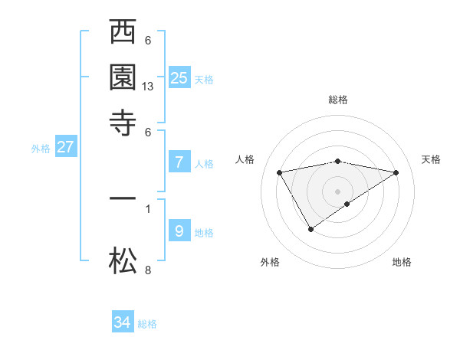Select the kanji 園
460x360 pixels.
coord(123,77)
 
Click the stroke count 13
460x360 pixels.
coord(148,87)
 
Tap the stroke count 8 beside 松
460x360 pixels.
coord(148,270)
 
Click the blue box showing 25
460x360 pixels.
coord(179,77)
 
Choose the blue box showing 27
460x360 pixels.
coord(65,147)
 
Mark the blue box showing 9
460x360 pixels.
coord(179,231)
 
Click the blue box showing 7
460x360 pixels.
coord(179,162)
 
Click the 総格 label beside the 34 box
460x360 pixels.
coord(147,324)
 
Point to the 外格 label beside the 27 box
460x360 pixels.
coord(41,149)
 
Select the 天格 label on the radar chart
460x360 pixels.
coord(431,159)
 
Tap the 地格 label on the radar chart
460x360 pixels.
coord(402,262)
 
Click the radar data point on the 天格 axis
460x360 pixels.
coord(396,172)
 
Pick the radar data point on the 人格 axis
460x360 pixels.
coord(280,172)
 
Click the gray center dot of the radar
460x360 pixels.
coord(338,191)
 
